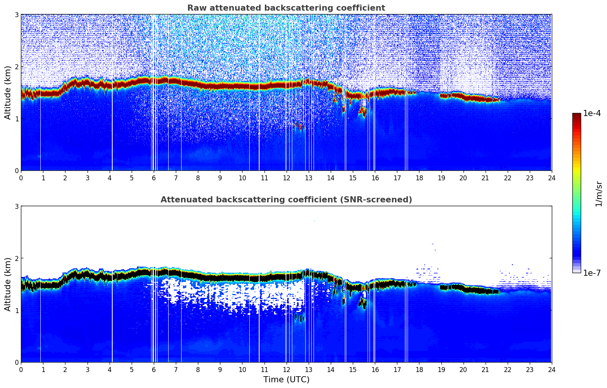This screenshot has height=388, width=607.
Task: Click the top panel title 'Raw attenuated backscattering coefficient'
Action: [x=286, y=8]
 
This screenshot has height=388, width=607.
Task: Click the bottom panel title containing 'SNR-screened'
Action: [x=286, y=200]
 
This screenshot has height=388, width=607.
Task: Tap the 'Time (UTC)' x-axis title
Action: [x=286, y=379]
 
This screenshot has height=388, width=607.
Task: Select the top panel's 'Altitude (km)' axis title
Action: [x=8, y=92]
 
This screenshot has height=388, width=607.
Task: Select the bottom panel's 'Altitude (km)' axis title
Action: [x=8, y=284]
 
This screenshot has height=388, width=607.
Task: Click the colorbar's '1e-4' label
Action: [x=592, y=113]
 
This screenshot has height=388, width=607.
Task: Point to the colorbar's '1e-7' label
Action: [x=592, y=273]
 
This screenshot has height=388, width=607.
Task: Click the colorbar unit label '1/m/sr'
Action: [x=599, y=193]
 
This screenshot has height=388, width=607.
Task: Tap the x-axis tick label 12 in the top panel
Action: [x=286, y=178]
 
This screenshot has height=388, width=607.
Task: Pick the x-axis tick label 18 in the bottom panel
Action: [x=419, y=369]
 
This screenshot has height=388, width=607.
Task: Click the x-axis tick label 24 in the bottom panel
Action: [x=551, y=369]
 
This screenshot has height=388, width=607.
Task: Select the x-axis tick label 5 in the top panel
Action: [x=132, y=178]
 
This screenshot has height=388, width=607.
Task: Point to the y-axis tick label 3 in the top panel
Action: [x=16, y=14]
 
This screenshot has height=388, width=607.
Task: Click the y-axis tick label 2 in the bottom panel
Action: [x=16, y=258]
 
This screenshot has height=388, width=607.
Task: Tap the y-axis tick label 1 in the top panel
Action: [x=16, y=119]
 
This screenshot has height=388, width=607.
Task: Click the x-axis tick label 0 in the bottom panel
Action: [x=21, y=369]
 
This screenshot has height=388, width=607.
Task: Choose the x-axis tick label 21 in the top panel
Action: [x=485, y=178]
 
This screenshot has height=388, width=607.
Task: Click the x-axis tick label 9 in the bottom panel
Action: [x=220, y=369]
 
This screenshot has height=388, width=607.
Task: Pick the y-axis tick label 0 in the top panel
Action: [x=16, y=171]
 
